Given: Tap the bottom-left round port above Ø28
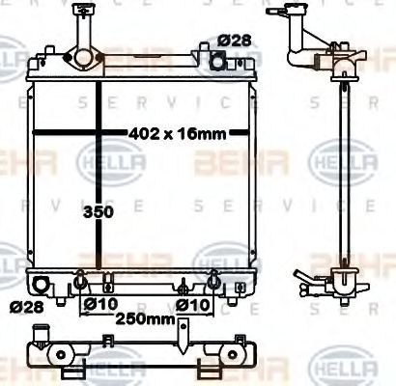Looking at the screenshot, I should click(x=41, y=286).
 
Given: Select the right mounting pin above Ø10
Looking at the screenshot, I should click(x=211, y=281).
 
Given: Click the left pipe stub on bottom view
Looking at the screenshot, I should click(x=41, y=338).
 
